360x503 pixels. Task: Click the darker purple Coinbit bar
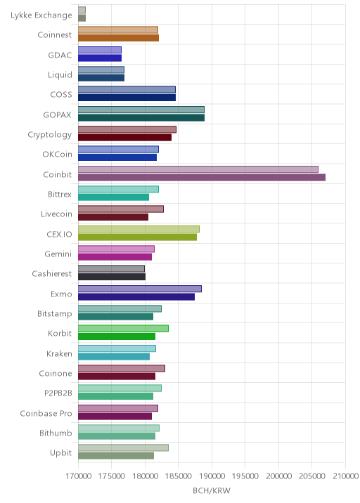[x=202, y=178]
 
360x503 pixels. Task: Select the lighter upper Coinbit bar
[x=198, y=169]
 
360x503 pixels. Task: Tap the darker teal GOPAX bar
[x=141, y=118]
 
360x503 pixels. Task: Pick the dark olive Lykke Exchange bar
[x=82, y=18]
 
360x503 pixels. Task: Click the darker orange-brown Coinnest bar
[x=119, y=38]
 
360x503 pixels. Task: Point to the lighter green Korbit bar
[x=123, y=329]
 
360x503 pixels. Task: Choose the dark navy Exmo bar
[x=136, y=296]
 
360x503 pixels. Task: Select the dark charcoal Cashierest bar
[x=112, y=277]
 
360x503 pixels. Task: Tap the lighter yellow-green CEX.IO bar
[x=139, y=229]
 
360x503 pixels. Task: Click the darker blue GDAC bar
[x=100, y=58]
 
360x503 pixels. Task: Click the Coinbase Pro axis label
[x=46, y=413]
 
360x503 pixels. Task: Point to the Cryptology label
[x=50, y=135]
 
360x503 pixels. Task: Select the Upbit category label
[x=60, y=453]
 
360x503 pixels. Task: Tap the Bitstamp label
[x=55, y=314]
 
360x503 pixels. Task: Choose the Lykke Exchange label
[x=41, y=15]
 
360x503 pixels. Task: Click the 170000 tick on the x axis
[x=78, y=476]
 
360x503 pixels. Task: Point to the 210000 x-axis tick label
[x=345, y=476]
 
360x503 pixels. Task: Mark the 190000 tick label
[x=212, y=476]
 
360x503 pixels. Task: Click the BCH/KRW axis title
[x=212, y=490]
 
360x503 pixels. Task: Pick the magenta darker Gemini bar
[x=115, y=257]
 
